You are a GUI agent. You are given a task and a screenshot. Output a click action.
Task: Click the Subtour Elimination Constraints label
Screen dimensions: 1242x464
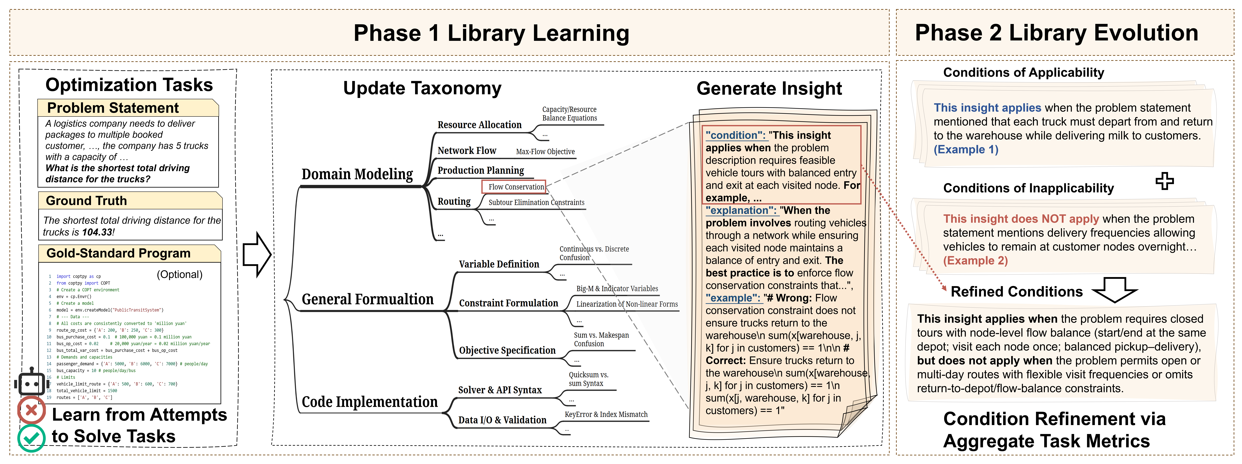click(536, 203)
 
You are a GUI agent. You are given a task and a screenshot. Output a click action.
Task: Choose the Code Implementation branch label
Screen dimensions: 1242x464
click(369, 402)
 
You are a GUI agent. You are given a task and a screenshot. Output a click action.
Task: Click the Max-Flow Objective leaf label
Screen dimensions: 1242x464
click(545, 151)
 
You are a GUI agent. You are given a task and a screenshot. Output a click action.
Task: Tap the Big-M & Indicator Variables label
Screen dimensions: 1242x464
click(617, 288)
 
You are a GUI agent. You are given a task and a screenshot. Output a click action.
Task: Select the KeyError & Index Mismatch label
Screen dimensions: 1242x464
click(606, 414)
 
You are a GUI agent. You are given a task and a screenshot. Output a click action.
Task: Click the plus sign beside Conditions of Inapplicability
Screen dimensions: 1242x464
click(1164, 181)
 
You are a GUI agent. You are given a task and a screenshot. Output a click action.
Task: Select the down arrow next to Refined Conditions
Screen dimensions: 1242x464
click(1114, 289)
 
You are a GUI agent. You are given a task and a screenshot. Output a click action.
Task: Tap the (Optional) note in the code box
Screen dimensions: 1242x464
click(179, 274)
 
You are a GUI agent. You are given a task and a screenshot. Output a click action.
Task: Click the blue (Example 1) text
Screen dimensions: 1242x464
click(966, 150)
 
